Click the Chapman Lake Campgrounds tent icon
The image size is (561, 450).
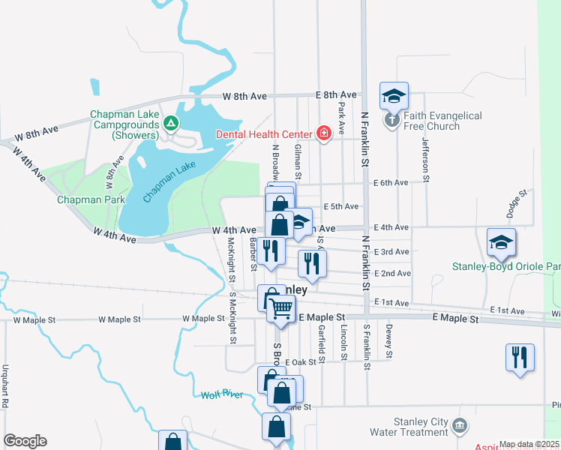[171, 122]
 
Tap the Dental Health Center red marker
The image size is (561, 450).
[323, 134]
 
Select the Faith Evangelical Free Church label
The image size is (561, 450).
[442, 121]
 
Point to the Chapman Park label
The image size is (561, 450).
[91, 199]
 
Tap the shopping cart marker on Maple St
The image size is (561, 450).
[280, 307]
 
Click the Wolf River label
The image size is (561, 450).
[222, 394]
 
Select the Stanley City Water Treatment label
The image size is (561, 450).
[409, 427]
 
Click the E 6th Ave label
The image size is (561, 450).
[391, 183]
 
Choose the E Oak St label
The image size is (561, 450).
[301, 361]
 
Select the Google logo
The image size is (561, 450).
[24, 441]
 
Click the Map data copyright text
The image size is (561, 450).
[529, 445]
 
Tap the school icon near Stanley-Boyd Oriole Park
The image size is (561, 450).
[500, 242]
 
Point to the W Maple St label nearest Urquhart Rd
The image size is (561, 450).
[36, 319]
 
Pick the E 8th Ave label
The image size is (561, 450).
[336, 95]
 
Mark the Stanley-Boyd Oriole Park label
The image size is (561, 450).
[506, 267]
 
